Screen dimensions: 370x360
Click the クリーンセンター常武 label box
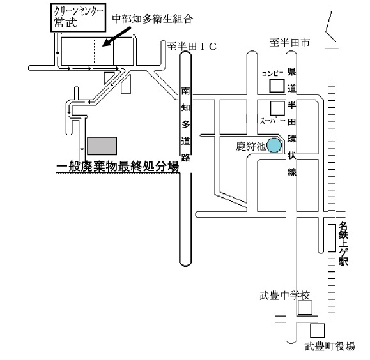[78, 18]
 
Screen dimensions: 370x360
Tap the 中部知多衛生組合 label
[153, 19]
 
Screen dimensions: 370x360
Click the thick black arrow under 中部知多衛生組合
[117, 36]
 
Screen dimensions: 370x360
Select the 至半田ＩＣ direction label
[192, 47]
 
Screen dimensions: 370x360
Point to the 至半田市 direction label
[289, 43]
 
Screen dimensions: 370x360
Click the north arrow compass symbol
[331, 34]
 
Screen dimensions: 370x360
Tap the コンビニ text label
[273, 73]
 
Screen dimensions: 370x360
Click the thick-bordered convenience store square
[277, 86]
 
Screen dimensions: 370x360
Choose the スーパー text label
[272, 121]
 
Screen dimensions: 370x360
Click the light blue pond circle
[274, 146]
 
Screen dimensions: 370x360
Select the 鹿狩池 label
[251, 146]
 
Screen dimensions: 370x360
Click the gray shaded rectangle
[102, 146]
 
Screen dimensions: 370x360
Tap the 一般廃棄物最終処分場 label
[118, 167]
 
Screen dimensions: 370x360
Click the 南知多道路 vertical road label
[186, 124]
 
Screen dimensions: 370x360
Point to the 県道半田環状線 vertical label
[291, 122]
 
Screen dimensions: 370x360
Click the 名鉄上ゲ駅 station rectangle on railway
[332, 238]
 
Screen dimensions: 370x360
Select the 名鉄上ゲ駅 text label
[343, 244]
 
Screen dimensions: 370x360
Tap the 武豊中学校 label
[284, 296]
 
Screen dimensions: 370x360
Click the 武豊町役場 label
[330, 347]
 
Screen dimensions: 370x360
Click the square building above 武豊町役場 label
[317, 331]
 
